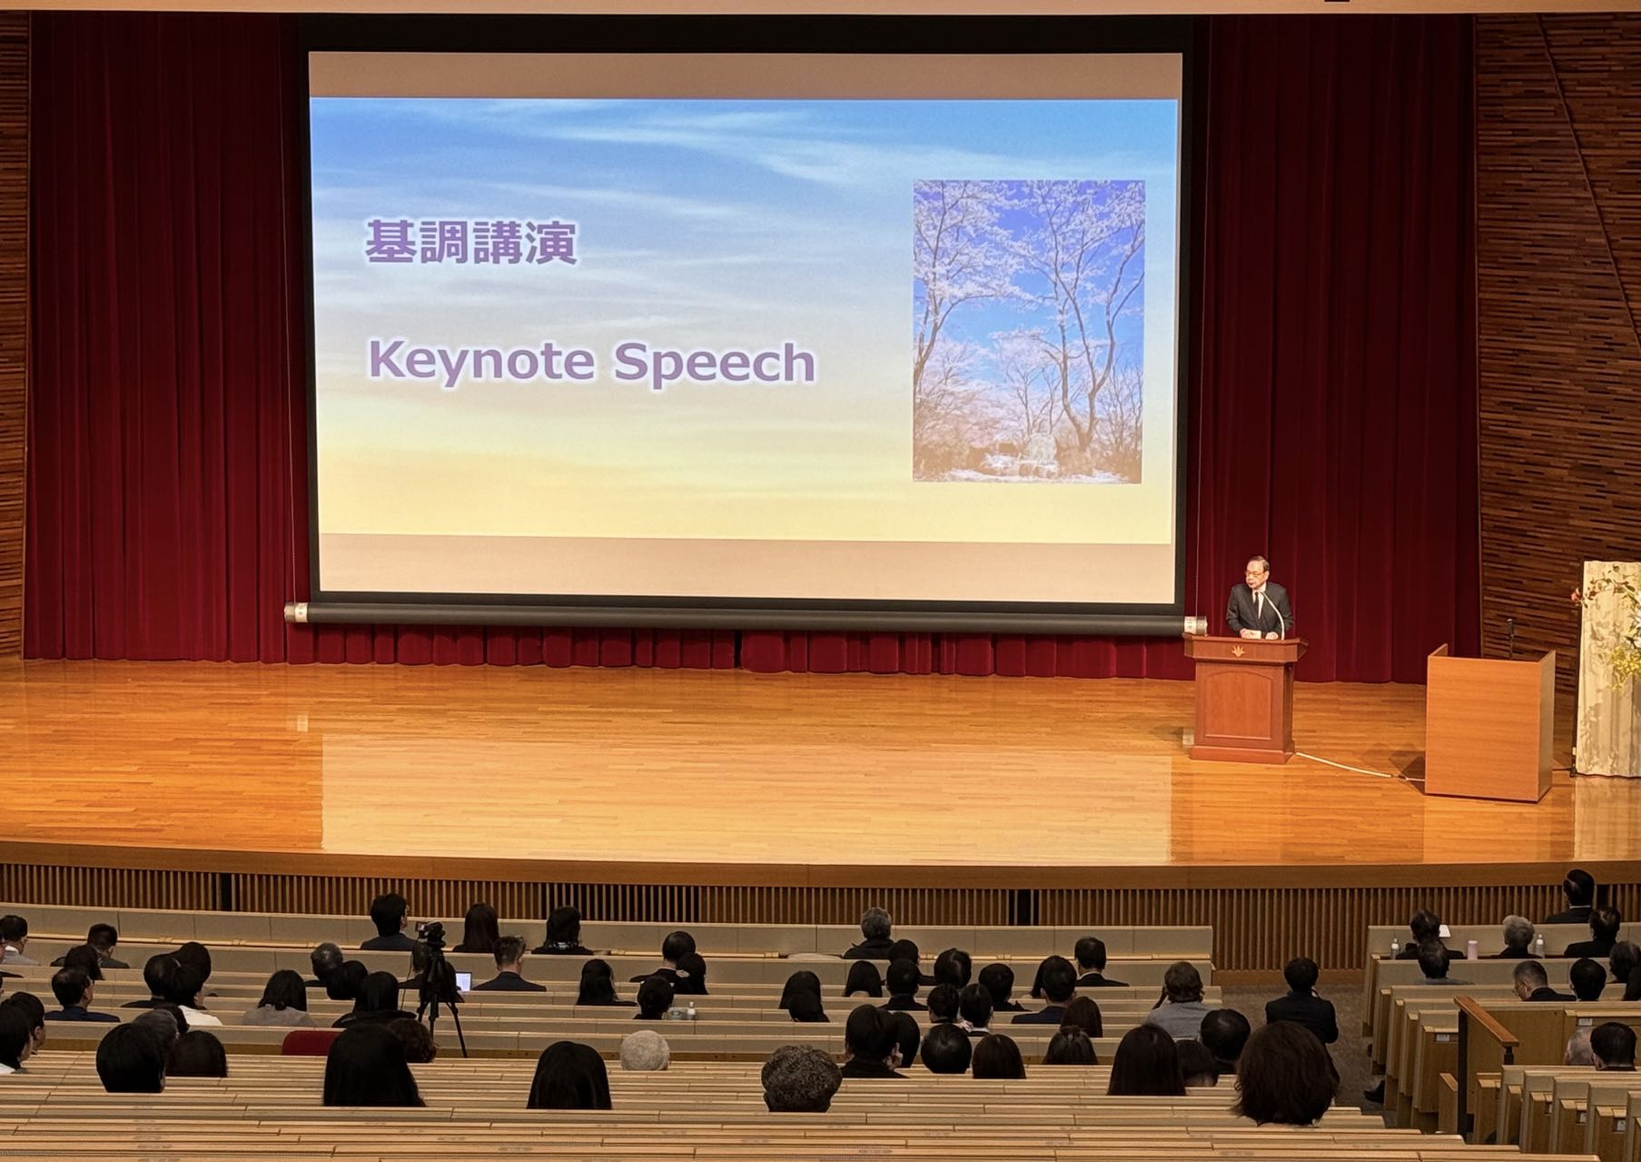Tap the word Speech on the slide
715,363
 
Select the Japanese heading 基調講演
470,243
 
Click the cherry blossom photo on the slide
1028,331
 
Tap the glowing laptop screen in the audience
463,981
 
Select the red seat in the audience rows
310,1042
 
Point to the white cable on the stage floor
1344,765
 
